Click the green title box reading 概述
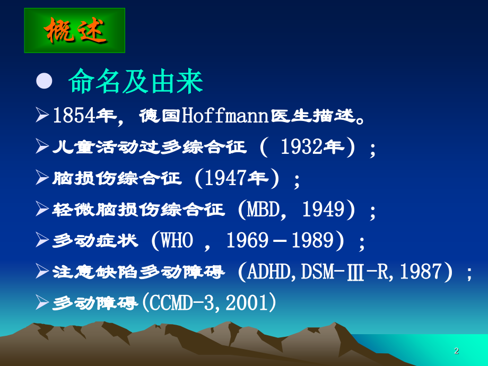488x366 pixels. pos(75,31)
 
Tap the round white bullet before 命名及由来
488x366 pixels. pos(44,81)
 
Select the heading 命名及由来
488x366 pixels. pos(136,82)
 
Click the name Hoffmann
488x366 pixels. pos(225,116)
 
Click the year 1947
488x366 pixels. pos(225,178)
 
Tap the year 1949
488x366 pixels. pos(324,209)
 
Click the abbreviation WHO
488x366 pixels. pos(177,240)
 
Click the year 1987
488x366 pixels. pos(421,272)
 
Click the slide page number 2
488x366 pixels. pos(457,351)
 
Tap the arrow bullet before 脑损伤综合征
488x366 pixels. pos(42,177)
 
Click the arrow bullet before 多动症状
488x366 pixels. pos(42,240)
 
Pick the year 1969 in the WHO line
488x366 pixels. pos(247,240)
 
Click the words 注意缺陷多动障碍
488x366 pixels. pos(138,272)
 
